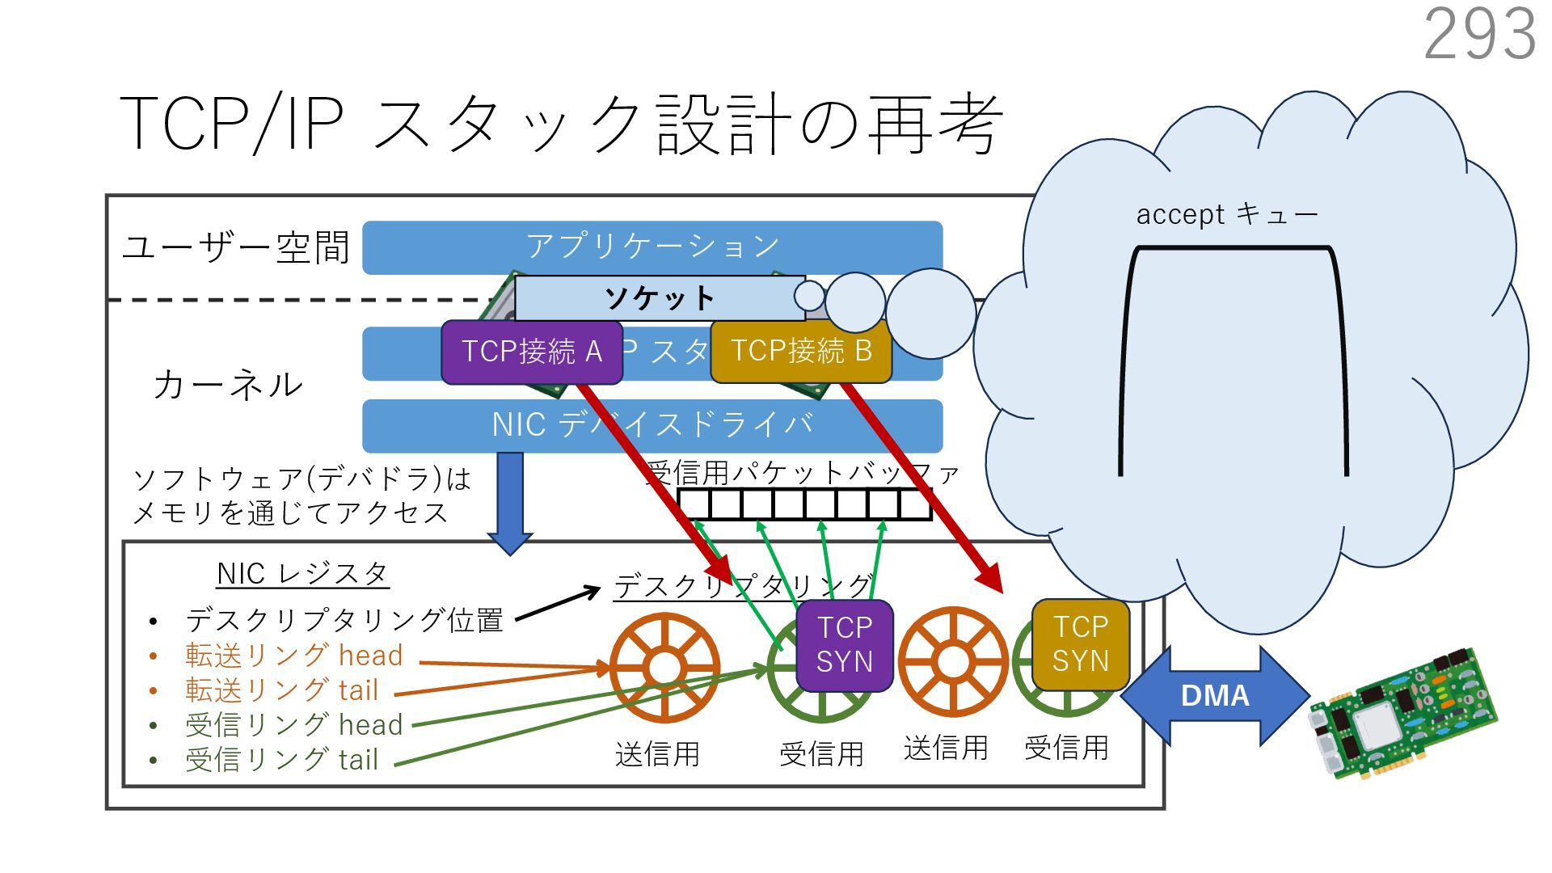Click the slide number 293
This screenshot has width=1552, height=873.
[1479, 34]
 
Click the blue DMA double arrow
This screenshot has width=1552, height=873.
[1214, 695]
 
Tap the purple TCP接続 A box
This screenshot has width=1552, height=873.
[531, 352]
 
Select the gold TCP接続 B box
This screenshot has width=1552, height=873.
[800, 352]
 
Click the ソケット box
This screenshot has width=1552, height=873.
[659, 298]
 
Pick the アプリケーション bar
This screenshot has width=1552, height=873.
[652, 246]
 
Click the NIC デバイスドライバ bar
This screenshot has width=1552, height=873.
[652, 425]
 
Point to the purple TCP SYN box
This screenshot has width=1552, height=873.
[844, 645]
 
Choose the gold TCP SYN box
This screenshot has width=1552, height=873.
[1080, 643]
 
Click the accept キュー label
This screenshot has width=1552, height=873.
[1226, 214]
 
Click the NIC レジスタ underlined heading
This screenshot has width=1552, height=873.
[302, 574]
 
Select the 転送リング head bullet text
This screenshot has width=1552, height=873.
[293, 656]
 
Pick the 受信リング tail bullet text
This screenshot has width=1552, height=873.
[281, 760]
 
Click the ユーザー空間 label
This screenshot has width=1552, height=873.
[235, 247]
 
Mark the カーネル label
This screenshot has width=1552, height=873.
[228, 385]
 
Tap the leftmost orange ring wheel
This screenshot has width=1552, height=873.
[664, 668]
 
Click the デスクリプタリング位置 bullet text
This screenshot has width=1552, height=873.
[344, 621]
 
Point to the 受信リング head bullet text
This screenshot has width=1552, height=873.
[293, 725]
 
